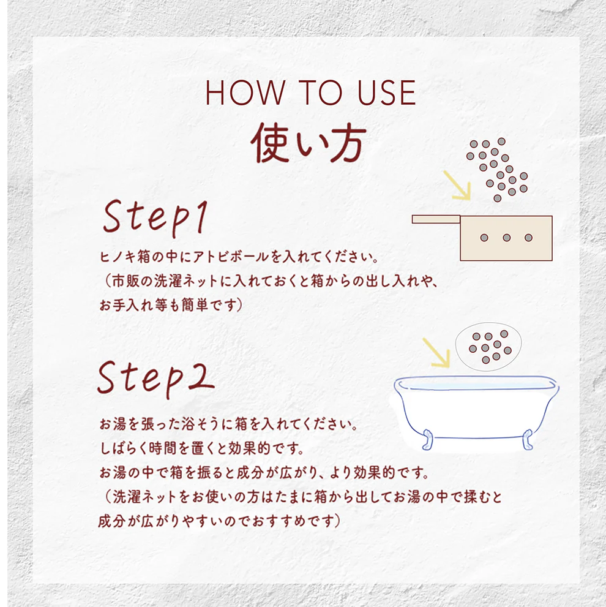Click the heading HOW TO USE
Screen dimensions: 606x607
[310, 92]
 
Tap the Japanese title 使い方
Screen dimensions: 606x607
[309, 143]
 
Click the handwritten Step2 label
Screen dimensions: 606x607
[156, 378]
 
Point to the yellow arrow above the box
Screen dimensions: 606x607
[457, 186]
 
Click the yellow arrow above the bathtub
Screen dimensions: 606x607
[436, 353]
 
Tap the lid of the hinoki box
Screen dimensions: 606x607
[436, 219]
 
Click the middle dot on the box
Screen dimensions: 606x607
[507, 238]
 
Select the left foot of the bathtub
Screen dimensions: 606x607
[428, 439]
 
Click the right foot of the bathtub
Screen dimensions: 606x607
[528, 439]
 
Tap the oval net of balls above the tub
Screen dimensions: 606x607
[488, 347]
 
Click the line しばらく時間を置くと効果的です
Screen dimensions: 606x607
[201, 448]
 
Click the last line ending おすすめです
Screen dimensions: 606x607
[219, 521]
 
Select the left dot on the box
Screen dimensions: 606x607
[484, 238]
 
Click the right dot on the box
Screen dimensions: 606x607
[529, 238]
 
